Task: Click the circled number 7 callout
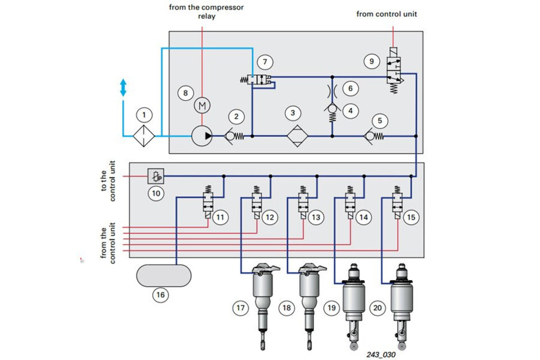click(x=265, y=61)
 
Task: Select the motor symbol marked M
click(x=202, y=105)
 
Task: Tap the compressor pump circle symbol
click(x=202, y=136)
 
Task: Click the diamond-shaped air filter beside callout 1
click(x=145, y=136)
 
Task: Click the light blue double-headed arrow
click(x=123, y=88)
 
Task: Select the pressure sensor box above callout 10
click(x=155, y=177)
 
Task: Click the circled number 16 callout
click(x=161, y=294)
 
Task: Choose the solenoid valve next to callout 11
click(x=209, y=202)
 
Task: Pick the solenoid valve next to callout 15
click(x=398, y=202)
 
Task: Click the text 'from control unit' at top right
click(x=386, y=14)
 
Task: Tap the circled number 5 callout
click(x=380, y=120)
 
